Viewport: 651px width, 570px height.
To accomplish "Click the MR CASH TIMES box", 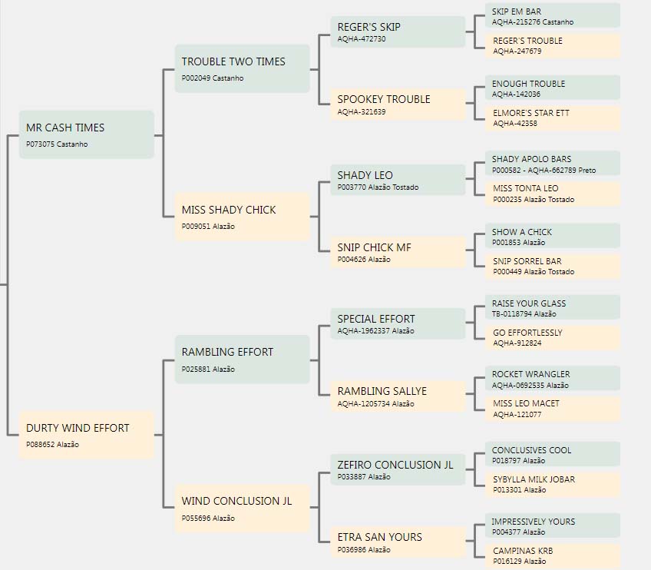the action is coord(86,134).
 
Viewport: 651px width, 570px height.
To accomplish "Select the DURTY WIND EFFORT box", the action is coord(86,435).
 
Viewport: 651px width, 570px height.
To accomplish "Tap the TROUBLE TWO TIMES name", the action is coord(233,61).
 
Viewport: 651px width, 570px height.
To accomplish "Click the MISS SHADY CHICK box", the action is coord(242,217).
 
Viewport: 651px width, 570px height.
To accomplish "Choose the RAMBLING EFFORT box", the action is coord(242,360).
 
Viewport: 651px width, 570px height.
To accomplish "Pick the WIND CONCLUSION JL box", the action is coord(242,508).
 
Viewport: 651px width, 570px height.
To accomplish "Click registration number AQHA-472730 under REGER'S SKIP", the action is coord(362,39).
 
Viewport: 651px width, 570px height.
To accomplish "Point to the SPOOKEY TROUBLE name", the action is coord(384,99).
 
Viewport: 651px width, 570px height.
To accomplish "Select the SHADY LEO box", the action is coord(398,180).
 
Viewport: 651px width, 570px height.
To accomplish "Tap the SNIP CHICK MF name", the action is coord(374,247).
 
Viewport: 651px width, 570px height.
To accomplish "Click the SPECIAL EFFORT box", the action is coord(398,323).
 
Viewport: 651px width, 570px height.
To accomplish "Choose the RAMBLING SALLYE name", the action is coord(382,391).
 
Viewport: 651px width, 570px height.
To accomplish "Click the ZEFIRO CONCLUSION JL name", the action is coord(395,465).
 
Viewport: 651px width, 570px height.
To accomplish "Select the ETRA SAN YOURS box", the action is coord(398,542).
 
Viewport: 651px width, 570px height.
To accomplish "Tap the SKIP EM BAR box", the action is coord(553,16).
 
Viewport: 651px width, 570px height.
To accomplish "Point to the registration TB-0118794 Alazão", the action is coord(524,314).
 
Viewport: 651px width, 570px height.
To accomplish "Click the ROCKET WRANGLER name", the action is coord(531,374).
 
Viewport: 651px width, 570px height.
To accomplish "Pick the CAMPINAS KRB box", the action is coord(553,556).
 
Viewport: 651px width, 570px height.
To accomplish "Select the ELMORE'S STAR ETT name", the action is coord(531,113).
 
